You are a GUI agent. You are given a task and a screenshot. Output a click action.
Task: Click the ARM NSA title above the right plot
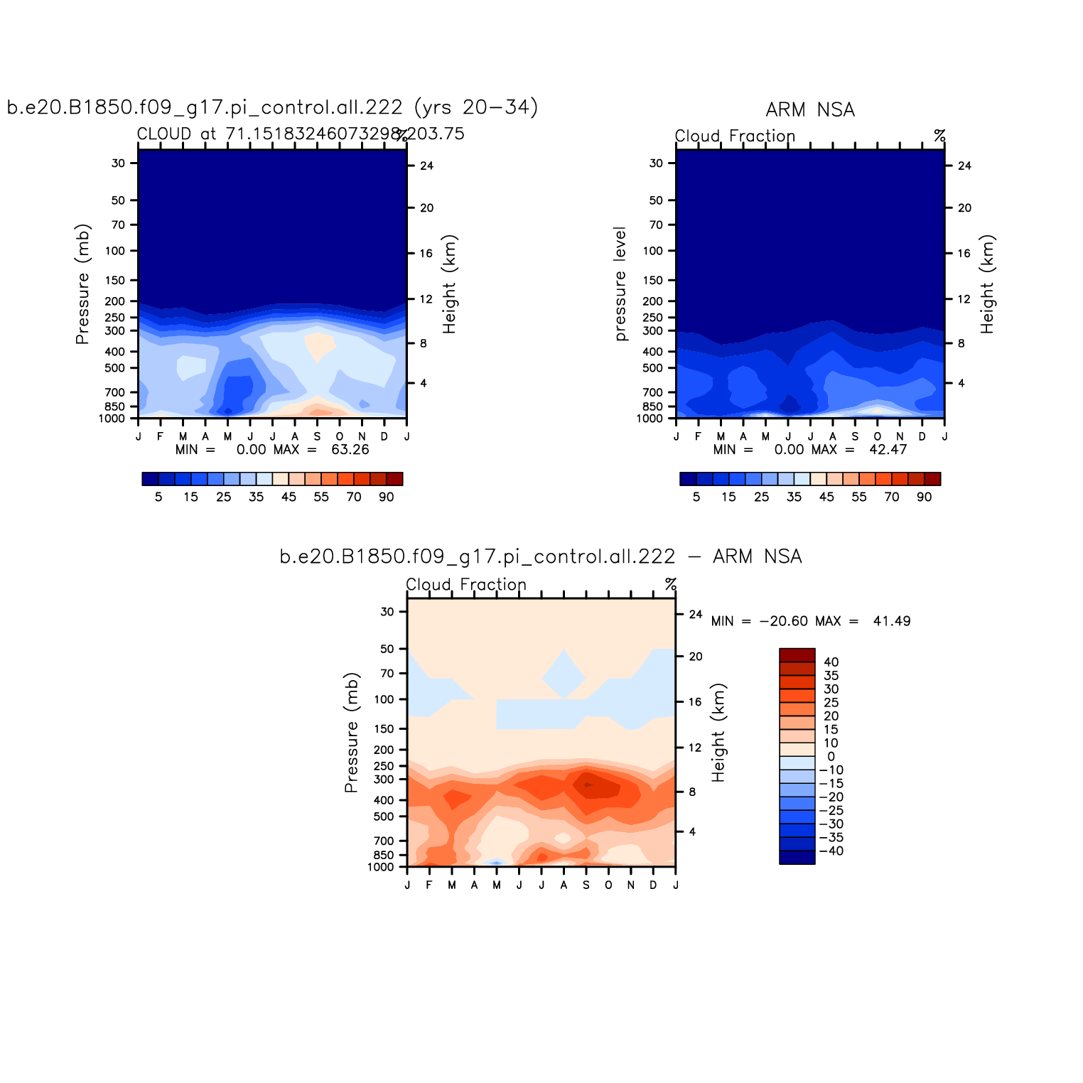tap(810, 110)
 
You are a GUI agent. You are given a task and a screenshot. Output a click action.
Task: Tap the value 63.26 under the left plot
tap(350, 450)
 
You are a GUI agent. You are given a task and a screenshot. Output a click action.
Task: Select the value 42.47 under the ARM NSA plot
tap(888, 450)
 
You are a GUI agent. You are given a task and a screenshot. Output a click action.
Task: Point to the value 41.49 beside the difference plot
tap(892, 621)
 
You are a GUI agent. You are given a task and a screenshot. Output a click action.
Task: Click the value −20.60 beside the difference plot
tap(783, 621)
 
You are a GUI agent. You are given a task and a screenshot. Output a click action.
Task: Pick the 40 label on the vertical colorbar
tap(831, 662)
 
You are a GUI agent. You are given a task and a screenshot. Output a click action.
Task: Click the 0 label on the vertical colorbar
tap(831, 757)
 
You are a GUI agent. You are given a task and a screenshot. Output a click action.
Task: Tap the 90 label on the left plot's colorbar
tap(386, 497)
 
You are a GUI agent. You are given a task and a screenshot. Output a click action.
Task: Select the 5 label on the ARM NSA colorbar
tap(696, 497)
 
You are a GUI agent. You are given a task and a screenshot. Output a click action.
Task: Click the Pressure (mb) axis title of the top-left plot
tap(82, 284)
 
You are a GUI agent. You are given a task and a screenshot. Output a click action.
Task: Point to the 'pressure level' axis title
tap(620, 284)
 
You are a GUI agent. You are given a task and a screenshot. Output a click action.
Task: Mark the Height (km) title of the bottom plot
tap(719, 733)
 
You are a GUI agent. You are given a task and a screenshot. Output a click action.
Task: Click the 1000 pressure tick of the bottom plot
tap(380, 867)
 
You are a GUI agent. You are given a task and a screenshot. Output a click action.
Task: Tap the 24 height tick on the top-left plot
tap(426, 166)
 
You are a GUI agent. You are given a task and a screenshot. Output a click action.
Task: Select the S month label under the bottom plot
tap(586, 885)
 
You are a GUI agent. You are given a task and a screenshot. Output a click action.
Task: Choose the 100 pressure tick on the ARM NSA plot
tap(652, 251)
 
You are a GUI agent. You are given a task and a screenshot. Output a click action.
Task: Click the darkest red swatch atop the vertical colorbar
tap(797, 655)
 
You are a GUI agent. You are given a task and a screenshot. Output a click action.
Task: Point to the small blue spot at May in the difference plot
tap(497, 863)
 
